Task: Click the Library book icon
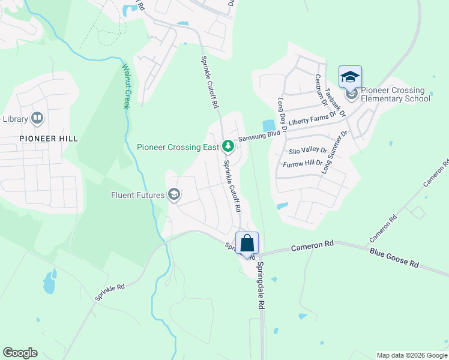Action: [37, 118]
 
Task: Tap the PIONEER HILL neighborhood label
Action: [39, 138]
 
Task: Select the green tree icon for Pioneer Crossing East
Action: [228, 146]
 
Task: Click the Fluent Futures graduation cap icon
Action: [174, 194]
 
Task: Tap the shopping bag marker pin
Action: [247, 244]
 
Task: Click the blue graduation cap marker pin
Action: [350, 77]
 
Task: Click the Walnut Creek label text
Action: [127, 86]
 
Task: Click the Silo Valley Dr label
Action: [307, 151]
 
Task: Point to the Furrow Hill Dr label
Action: [303, 163]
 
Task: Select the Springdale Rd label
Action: [262, 285]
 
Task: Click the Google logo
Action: [20, 353]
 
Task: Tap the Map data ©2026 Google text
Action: [411, 355]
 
